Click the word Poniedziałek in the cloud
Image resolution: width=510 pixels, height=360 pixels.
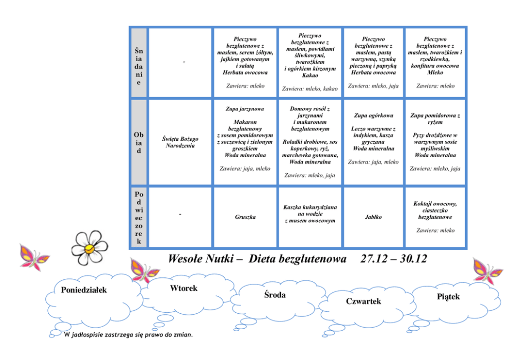coord(84,290)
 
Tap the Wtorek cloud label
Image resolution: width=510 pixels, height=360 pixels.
coord(184,288)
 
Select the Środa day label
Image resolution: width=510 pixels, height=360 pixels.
coord(275,295)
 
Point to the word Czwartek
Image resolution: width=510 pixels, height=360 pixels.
coord(363,301)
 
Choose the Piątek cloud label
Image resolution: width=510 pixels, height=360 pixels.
coord(448,296)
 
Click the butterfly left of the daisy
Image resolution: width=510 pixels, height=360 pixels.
coord(33,256)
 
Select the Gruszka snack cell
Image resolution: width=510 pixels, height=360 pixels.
coord(245,217)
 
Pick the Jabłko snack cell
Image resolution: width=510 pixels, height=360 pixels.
coord(373,217)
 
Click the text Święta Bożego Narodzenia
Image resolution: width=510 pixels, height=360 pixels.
coord(180,142)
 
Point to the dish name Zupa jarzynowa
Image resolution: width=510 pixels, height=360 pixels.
coord(245,109)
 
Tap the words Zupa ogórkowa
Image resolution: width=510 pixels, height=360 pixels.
coord(373,116)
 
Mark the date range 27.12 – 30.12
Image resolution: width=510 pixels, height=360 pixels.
coord(393,259)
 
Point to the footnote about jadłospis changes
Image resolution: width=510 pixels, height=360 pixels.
coord(129,335)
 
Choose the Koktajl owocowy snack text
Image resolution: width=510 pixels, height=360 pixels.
coord(435,204)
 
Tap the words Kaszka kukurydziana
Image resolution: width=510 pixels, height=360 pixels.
coord(309,207)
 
